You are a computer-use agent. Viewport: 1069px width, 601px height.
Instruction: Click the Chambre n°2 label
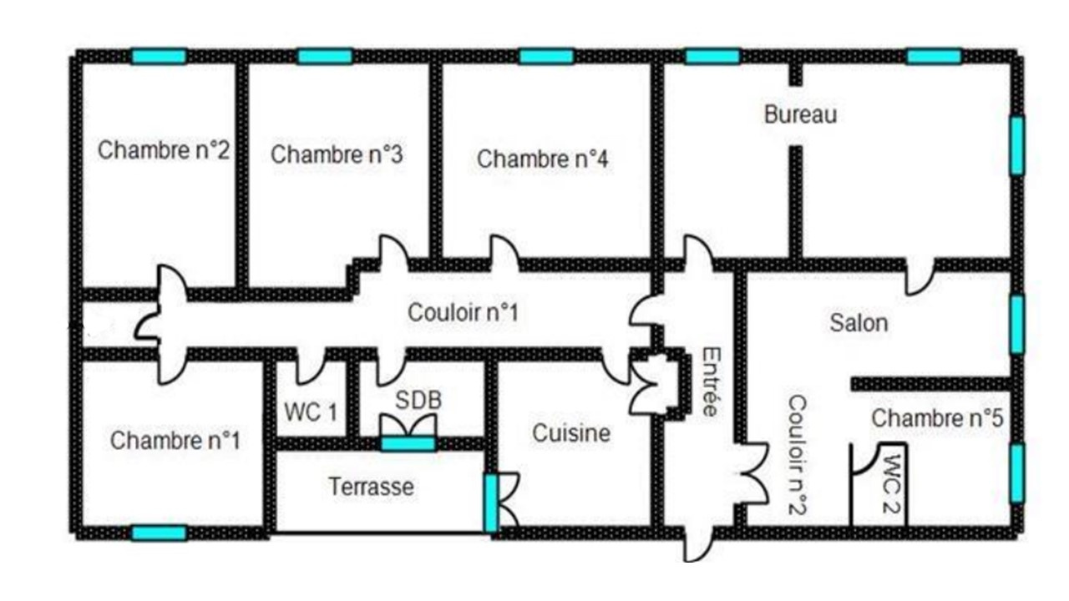coord(164,149)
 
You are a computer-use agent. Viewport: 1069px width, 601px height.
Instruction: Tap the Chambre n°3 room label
coord(337,154)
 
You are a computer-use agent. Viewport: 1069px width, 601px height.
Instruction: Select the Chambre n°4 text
coord(543,159)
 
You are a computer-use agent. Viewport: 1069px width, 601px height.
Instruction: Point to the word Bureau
coord(801,114)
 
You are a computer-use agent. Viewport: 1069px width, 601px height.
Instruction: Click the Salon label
coord(859,323)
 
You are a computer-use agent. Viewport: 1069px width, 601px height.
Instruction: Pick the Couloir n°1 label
coord(463,313)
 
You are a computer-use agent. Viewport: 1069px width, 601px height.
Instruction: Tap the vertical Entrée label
coord(711,381)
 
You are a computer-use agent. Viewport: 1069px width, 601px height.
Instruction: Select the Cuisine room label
coord(571,433)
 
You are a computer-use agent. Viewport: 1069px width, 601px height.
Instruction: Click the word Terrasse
coord(372,487)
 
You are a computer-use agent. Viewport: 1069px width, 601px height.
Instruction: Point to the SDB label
coord(418,400)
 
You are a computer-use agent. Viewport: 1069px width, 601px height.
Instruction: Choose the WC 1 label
coord(311,412)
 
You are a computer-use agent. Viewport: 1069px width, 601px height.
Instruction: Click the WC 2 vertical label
coord(891,483)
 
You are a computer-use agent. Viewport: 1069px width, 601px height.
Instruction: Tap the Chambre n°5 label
coord(938,418)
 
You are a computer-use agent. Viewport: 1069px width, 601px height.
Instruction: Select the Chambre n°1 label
coord(175,440)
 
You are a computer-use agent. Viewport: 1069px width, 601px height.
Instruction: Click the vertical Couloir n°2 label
coord(797,455)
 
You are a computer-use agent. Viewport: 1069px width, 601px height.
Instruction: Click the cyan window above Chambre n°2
coord(159,56)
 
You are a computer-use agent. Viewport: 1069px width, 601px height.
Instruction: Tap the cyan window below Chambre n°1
coord(159,533)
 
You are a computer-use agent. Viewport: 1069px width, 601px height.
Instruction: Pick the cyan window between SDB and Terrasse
coord(408,444)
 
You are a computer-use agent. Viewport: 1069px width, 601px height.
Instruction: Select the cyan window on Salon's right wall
coord(1017,325)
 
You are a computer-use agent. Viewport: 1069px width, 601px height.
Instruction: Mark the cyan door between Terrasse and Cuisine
coord(491,503)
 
